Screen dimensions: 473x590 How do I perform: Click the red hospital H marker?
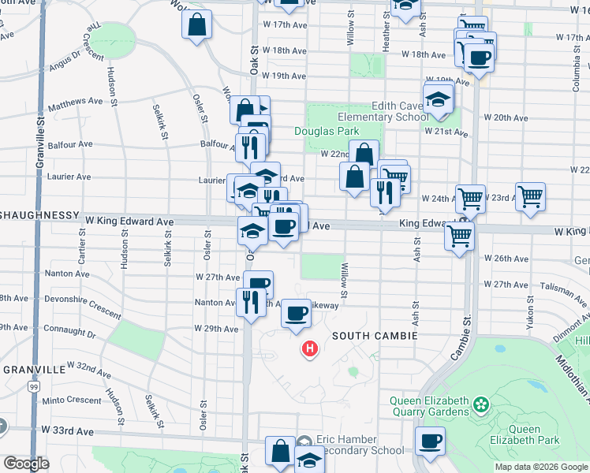click(311, 348)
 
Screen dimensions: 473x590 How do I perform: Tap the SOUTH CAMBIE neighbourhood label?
click(374, 336)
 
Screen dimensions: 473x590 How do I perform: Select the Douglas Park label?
click(327, 131)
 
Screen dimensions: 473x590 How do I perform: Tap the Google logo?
click(27, 463)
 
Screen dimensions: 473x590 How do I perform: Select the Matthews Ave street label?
click(76, 102)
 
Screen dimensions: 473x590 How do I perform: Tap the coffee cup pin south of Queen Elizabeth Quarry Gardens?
click(430, 441)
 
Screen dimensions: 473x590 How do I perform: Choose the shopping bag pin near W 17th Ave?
click(197, 24)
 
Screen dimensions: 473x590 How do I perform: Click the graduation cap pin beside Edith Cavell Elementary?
click(436, 99)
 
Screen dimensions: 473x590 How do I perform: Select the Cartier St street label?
click(82, 251)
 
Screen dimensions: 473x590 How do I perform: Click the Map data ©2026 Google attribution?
click(541, 467)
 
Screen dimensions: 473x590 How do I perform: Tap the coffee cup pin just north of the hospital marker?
click(297, 314)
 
